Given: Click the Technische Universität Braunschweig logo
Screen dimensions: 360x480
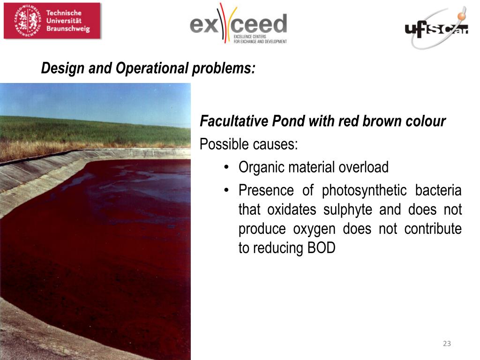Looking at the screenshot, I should (52, 21).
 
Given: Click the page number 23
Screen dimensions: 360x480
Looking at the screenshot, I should (447, 344).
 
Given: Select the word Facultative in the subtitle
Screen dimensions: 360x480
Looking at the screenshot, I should (234, 121).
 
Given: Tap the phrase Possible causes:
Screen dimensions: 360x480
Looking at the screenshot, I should (248, 144).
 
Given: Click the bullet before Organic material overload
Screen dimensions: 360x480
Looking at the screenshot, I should (226, 167).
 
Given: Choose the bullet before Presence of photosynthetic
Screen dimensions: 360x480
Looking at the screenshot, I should (226, 190).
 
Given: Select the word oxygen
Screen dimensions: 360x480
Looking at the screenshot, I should (314, 229).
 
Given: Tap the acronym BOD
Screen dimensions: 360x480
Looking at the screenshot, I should (321, 248).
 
